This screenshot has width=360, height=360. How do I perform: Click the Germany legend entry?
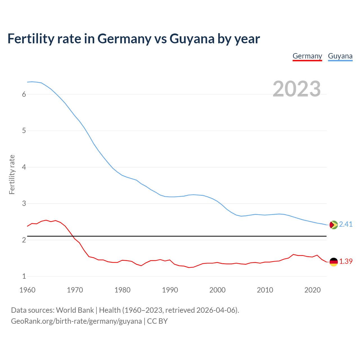[x=307, y=56]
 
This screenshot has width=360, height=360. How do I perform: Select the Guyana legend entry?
[x=340, y=56]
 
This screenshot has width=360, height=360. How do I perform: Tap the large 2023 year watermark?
[x=296, y=89]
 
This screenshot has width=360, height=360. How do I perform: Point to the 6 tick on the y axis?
[x=24, y=94]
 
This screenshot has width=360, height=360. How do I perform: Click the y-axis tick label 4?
[x=24, y=167]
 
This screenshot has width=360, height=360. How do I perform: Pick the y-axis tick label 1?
[x=24, y=276]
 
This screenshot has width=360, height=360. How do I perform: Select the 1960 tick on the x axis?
[x=27, y=290]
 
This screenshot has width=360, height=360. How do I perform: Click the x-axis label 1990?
[x=170, y=290]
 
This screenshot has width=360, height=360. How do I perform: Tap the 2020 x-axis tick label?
[x=312, y=290]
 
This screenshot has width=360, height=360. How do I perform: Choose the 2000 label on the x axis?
[x=217, y=290]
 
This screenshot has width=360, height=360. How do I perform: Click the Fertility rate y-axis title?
[x=12, y=174]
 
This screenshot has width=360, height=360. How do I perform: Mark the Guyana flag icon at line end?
[x=333, y=225]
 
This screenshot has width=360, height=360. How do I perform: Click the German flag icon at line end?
[x=333, y=262]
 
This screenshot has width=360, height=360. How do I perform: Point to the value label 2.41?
[x=346, y=224]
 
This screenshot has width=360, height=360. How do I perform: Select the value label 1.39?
[x=346, y=261]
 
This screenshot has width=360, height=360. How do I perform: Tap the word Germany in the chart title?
[x=124, y=39]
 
